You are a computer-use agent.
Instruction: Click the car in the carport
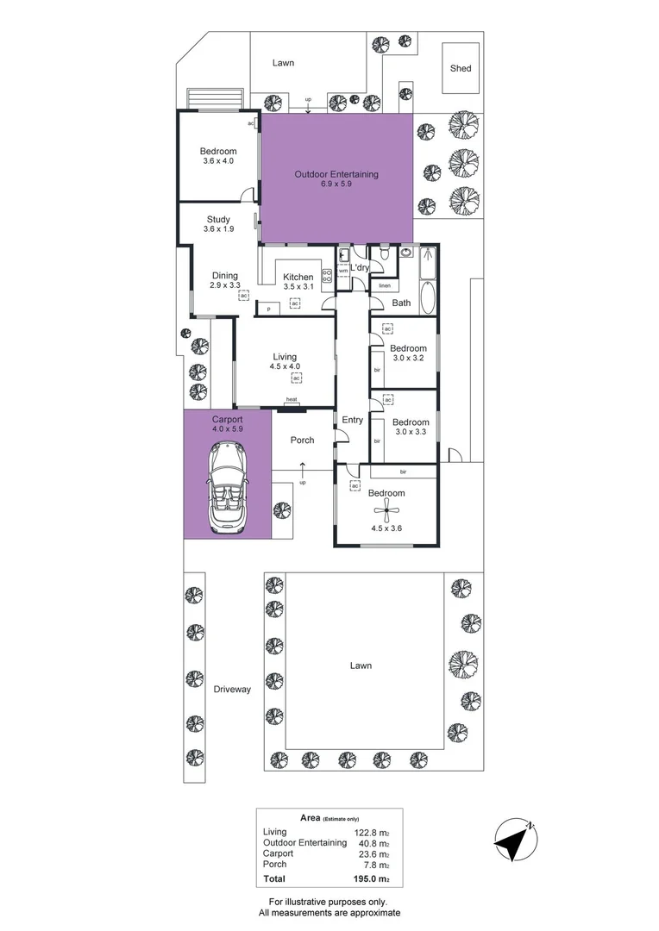[x=227, y=489]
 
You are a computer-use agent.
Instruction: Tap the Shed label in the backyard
[x=461, y=68]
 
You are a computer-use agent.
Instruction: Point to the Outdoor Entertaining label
[x=336, y=174]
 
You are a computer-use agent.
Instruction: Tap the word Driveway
[x=232, y=690]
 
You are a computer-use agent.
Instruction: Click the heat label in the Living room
[x=292, y=399]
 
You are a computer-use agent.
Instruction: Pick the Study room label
[x=218, y=219]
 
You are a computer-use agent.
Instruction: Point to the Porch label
[x=302, y=440]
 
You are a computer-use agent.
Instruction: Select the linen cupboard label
[x=385, y=285]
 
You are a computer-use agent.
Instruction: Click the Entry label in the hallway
[x=353, y=420]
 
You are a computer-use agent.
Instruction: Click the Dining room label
[x=224, y=276]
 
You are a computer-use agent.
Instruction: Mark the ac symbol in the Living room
[x=296, y=378]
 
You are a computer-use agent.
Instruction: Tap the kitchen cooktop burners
[x=327, y=277]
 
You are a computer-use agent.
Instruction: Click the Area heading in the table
[x=310, y=817]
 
